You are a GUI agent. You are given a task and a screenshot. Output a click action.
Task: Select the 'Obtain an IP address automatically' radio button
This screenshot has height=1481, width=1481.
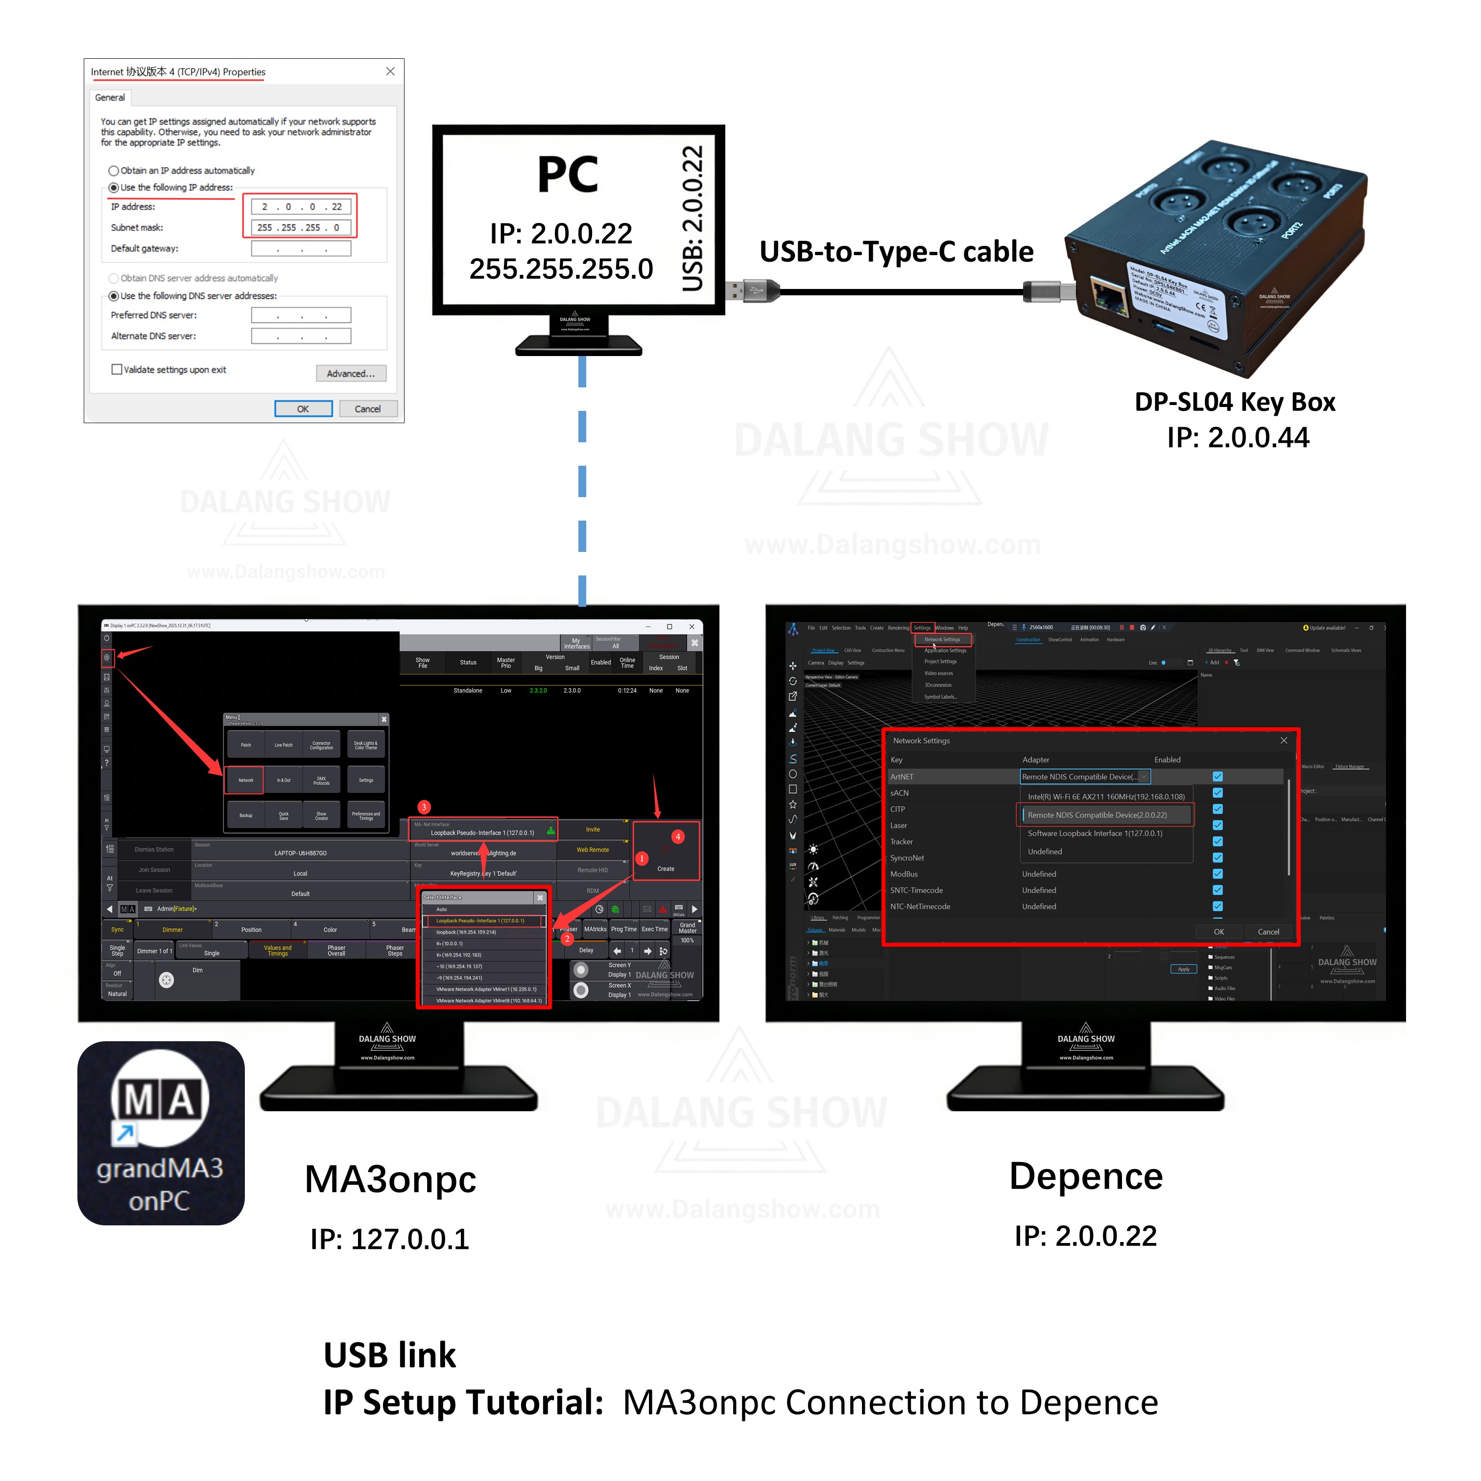pos(114,171)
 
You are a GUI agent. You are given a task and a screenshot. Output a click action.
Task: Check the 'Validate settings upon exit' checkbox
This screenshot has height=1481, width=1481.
pos(117,369)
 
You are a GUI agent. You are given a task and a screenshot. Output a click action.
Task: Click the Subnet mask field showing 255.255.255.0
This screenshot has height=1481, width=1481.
pos(301,228)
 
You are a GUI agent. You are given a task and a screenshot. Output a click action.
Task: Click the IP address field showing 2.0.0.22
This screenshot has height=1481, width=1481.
pos(301,207)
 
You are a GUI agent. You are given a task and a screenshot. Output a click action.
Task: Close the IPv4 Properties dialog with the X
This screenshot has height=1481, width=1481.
pos(390,72)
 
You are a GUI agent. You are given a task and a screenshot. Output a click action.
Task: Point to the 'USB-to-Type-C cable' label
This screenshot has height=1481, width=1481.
pos(896,251)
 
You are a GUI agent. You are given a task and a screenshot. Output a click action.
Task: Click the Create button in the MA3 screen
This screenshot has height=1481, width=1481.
pos(666,868)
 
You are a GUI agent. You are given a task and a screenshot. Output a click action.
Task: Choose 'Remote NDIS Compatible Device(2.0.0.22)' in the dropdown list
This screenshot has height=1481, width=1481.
pos(1097,815)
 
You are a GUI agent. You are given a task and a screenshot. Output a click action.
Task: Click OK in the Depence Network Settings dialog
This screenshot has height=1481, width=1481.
pos(1218,932)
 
